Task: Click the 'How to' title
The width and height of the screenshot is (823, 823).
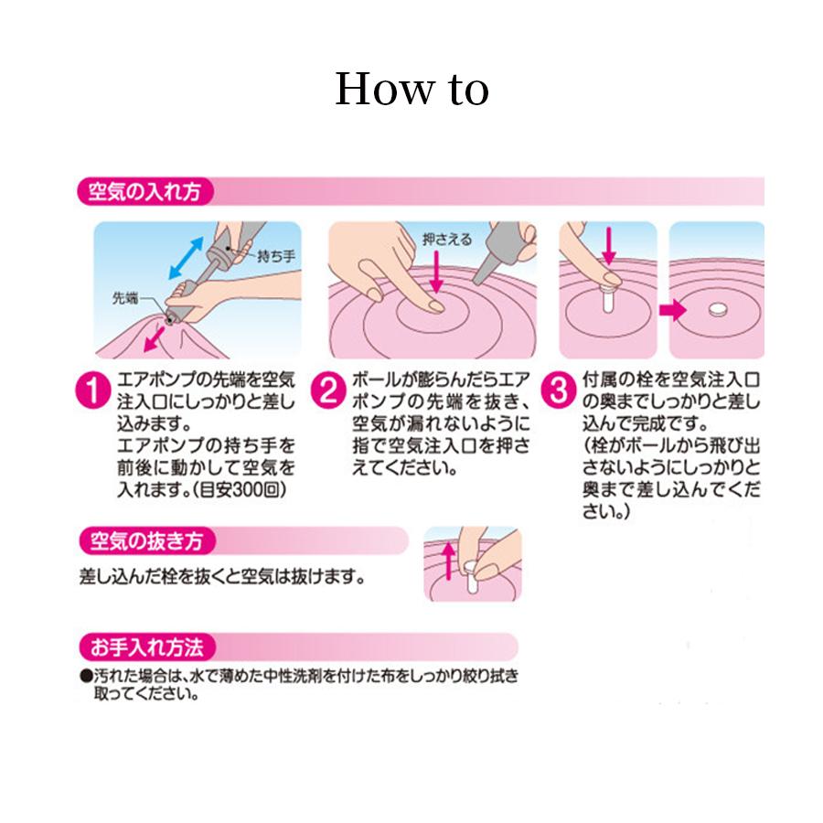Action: [x=412, y=89]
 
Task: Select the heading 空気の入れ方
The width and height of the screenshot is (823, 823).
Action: [x=144, y=191]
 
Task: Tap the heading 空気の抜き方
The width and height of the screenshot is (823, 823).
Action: [x=146, y=540]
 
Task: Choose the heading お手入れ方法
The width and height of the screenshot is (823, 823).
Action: [x=146, y=647]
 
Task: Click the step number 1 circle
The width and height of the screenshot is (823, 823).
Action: [x=93, y=390]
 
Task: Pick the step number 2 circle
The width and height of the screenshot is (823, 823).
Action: [x=328, y=390]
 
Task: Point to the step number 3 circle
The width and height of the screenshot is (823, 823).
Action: [x=559, y=390]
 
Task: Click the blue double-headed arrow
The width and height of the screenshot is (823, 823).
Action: [x=187, y=258]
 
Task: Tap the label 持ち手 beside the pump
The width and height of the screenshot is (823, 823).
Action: [x=276, y=256]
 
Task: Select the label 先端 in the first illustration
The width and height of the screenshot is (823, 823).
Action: [x=125, y=298]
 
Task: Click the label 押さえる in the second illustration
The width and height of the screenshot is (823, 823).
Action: [x=447, y=240]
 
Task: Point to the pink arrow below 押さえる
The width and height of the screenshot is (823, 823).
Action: [x=436, y=272]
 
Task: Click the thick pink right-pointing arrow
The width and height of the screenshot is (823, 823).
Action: [x=672, y=310]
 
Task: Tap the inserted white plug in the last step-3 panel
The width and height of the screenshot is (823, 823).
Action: [x=718, y=310]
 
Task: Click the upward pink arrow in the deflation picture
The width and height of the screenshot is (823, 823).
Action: [x=448, y=561]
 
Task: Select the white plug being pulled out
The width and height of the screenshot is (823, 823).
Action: [x=471, y=576]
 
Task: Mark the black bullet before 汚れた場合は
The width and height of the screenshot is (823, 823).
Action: [x=86, y=676]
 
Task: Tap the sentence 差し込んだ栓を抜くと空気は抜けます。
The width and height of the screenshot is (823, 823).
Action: [x=222, y=577]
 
